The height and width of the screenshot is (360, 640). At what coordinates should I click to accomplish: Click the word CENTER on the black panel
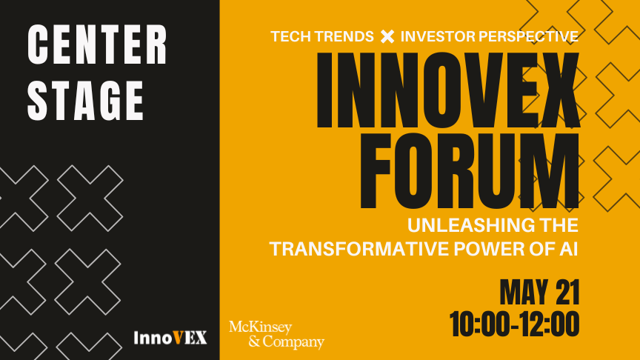98,44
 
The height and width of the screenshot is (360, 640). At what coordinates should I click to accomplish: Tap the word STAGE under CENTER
86,101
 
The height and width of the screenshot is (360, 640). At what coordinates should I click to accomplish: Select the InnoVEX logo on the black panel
170,338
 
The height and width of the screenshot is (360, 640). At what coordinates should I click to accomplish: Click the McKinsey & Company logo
277,335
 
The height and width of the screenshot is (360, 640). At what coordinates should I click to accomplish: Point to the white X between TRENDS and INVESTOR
387,36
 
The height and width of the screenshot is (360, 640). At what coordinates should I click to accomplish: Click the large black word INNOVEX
448,90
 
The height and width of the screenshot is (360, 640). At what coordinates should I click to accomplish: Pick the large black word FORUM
470,171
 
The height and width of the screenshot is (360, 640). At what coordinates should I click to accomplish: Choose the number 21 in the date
567,293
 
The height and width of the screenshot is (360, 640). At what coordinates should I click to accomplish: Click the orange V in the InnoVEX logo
178,338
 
